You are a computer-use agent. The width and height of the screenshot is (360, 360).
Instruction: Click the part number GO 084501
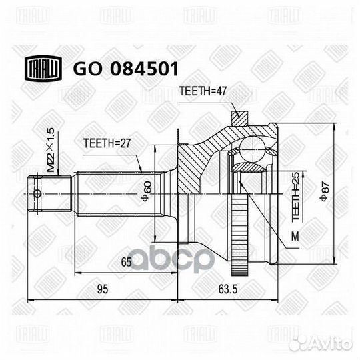(x=125, y=69)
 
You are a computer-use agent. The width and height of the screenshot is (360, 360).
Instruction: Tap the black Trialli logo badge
(x=43, y=68)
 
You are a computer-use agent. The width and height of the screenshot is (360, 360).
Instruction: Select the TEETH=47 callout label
(x=203, y=91)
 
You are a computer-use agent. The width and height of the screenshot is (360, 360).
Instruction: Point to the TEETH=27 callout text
(x=107, y=143)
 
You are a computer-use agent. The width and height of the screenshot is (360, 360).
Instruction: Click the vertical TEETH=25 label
(x=296, y=197)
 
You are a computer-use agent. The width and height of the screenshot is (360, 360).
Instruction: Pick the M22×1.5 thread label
(x=51, y=151)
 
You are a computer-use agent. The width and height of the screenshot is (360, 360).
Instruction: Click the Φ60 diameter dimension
(x=147, y=191)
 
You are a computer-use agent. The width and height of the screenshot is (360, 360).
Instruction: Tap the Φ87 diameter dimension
(x=325, y=191)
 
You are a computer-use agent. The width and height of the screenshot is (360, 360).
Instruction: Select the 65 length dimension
(x=126, y=262)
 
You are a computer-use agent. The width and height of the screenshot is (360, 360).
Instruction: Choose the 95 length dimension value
(x=103, y=289)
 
